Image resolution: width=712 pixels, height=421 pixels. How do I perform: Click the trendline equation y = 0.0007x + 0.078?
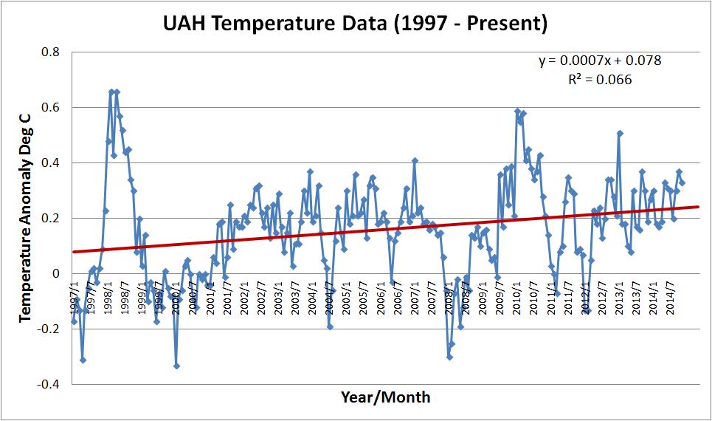click(x=600, y=61)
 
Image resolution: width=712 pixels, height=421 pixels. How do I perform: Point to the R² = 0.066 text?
click(x=600, y=79)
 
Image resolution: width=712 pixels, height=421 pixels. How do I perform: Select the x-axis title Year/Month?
click(x=385, y=397)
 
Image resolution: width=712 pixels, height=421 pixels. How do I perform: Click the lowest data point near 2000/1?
click(x=176, y=366)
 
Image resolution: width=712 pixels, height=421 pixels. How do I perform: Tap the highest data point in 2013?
click(x=620, y=134)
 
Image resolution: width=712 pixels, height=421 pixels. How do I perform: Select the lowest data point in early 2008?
click(x=449, y=357)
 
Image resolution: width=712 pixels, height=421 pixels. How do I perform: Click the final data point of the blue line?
click(x=682, y=182)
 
